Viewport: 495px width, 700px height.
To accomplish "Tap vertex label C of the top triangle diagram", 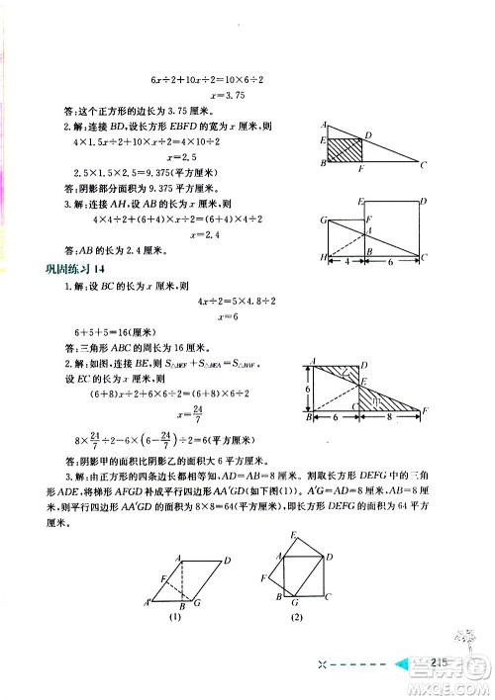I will coord(424,165).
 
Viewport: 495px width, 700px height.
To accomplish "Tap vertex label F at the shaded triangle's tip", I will coord(426,409).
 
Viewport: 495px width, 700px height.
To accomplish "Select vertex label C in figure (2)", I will coord(329,597).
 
